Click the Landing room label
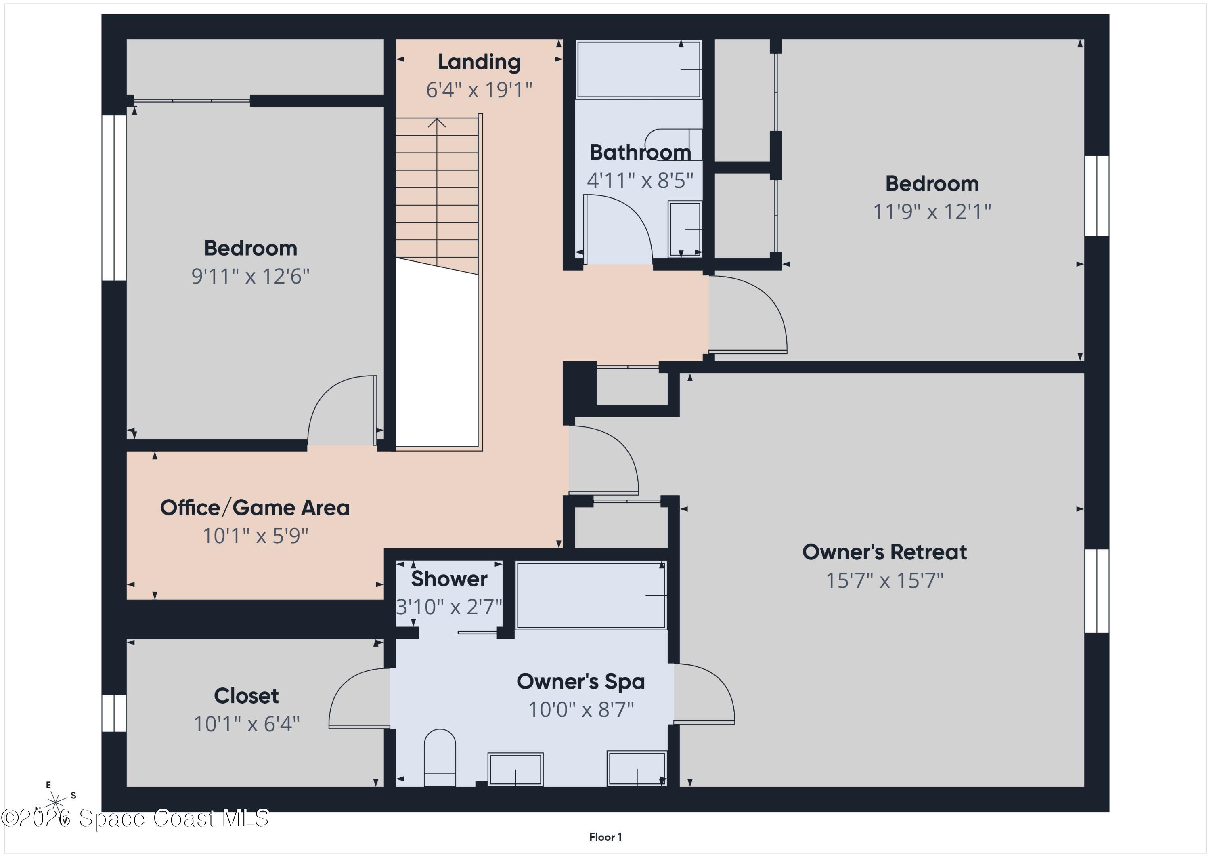(479, 62)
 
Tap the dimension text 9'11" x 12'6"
(251, 276)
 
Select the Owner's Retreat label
(884, 552)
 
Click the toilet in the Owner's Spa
(440, 758)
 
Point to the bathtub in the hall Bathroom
(639, 69)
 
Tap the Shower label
(449, 579)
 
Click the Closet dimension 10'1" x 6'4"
(247, 724)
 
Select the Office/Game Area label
(255, 508)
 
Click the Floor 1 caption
(605, 837)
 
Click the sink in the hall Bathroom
(685, 229)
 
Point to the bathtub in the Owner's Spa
(591, 595)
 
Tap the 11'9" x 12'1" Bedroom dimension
(932, 212)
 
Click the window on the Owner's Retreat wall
(1097, 590)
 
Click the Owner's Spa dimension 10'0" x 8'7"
(581, 709)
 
